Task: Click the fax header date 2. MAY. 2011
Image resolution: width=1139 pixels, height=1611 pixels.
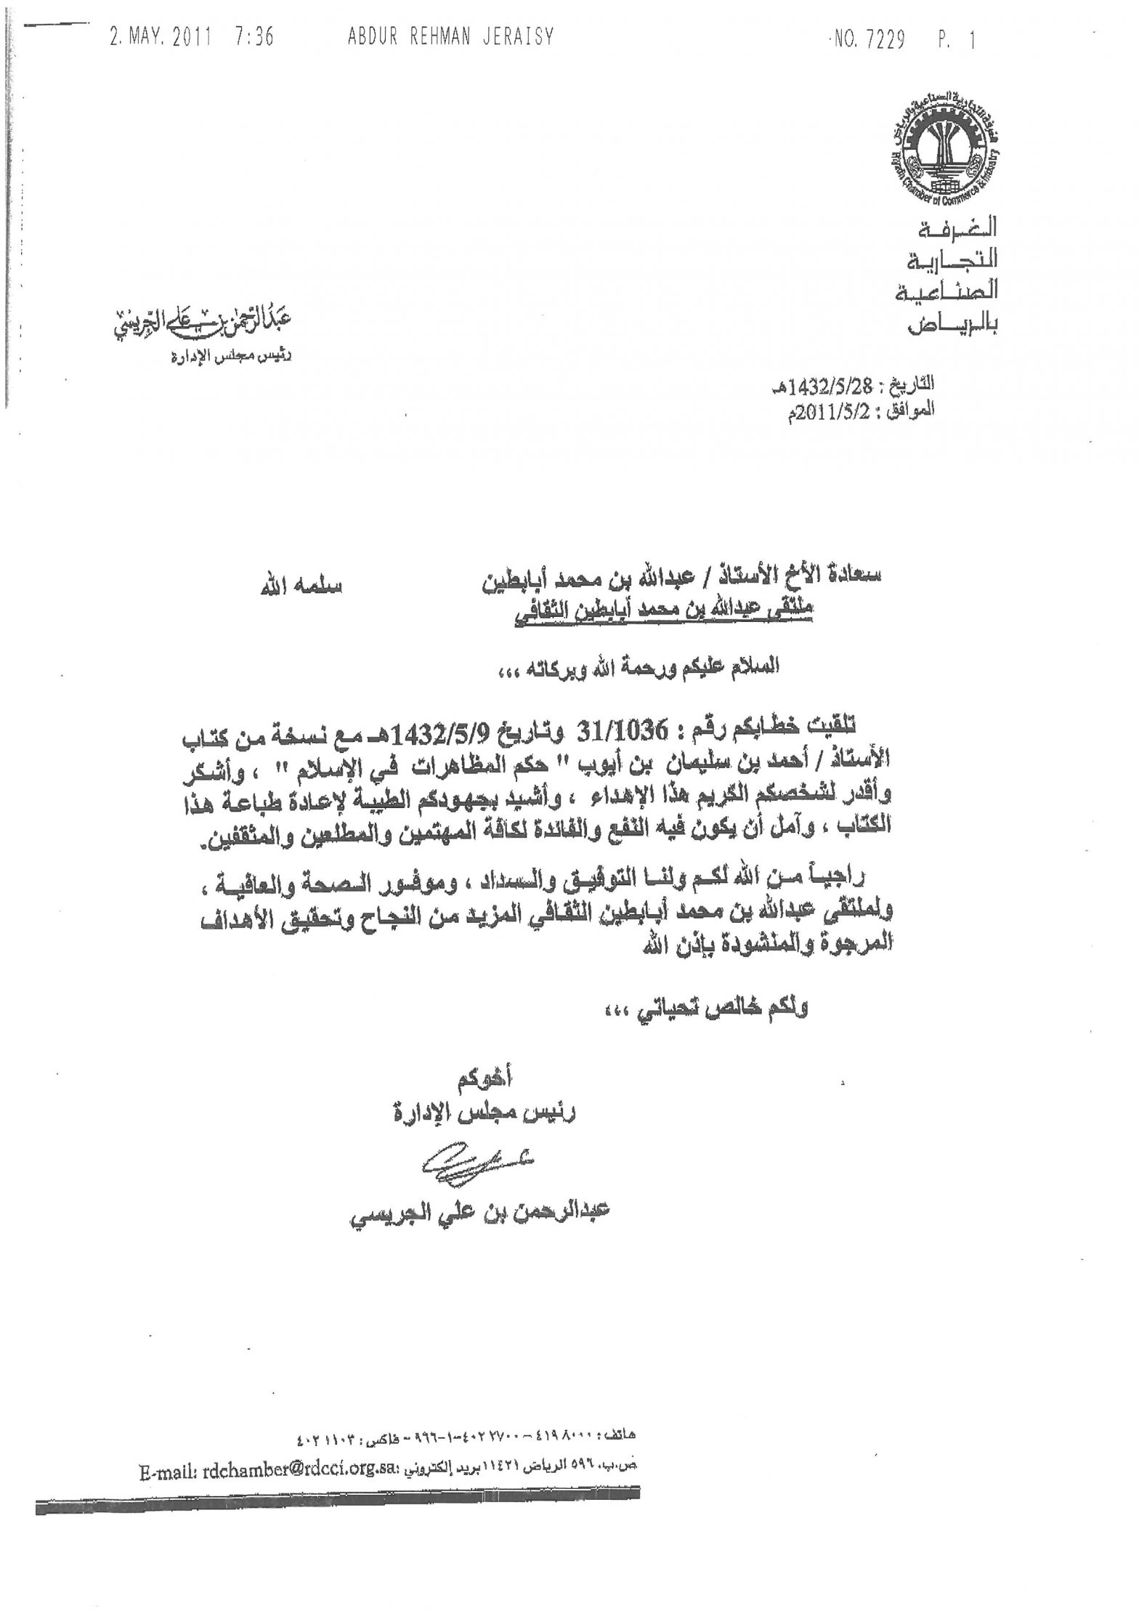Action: coord(159,36)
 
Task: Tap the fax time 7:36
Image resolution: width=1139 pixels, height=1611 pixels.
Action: coord(254,36)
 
